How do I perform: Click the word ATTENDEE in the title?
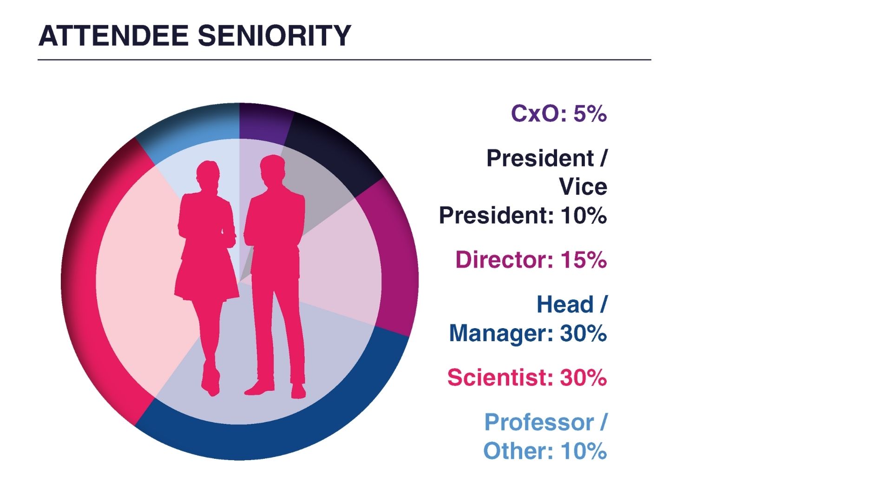(113, 36)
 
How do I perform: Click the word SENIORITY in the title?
(274, 36)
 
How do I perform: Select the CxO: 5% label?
(558, 113)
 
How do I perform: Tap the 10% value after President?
(584, 215)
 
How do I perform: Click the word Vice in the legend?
(583, 187)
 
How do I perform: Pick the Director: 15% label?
(531, 259)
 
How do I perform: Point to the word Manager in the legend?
(501, 333)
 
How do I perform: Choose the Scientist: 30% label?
(527, 377)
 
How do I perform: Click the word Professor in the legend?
(539, 423)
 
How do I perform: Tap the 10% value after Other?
(584, 451)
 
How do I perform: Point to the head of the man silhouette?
(272, 169)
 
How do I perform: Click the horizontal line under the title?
(344, 60)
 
